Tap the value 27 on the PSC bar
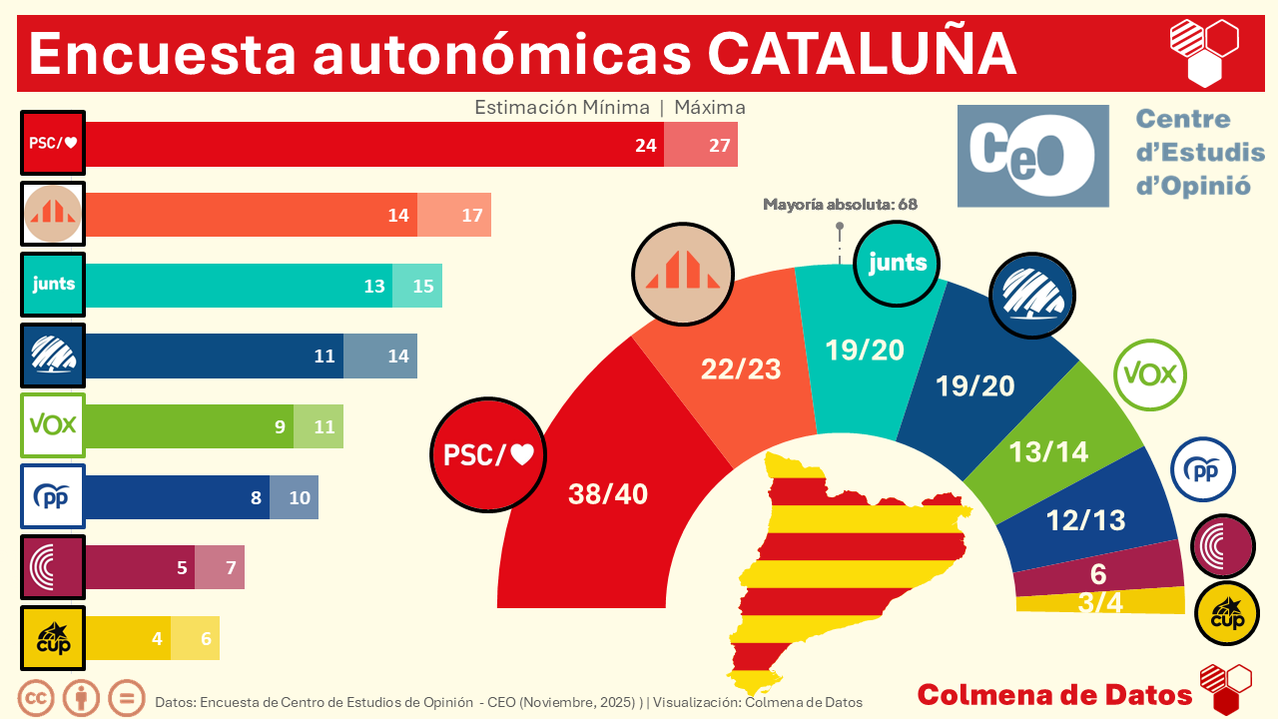720,145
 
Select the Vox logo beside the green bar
53,425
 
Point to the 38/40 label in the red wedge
607,493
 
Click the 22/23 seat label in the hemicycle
741,368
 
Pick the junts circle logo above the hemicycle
898,263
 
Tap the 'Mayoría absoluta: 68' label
840,205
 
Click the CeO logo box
1032,156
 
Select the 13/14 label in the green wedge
1048,451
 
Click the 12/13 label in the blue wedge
1085,519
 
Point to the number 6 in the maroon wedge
1098,574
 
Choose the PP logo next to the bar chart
53,496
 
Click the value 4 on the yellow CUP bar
157,638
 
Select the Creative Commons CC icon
37,697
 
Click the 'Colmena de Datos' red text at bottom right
1054,695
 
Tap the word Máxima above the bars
710,107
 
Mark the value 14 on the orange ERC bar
400,215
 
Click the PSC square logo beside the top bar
53,143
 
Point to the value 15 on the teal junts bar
423,287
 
